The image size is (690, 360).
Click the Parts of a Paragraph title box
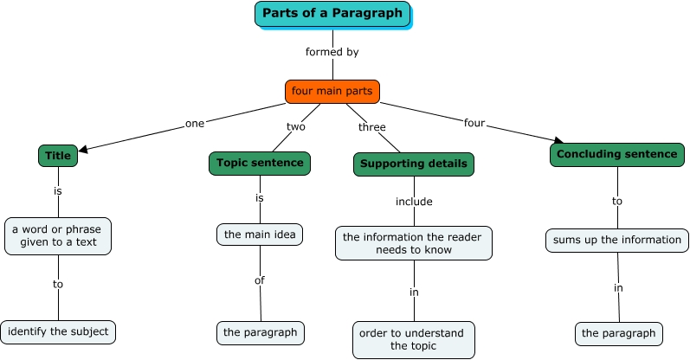tap(332, 14)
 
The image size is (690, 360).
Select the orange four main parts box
tap(332, 91)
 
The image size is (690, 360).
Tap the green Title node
tap(58, 156)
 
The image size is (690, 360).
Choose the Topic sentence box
tap(260, 163)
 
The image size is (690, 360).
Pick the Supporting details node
tap(414, 164)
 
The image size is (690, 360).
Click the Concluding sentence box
tap(616, 155)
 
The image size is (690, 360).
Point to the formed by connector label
tap(332, 52)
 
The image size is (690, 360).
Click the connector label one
tap(195, 123)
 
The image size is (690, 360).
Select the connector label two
tap(296, 126)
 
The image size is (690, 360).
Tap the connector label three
tap(371, 127)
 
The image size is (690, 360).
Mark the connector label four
tap(474, 122)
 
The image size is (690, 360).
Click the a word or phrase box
tap(58, 235)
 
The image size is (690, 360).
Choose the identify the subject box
tap(58, 331)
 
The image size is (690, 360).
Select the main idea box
tap(260, 235)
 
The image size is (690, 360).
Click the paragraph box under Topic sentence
tap(260, 332)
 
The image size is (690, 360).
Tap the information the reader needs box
tap(414, 243)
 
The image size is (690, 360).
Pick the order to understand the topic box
tap(414, 339)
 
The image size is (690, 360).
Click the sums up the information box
tap(617, 240)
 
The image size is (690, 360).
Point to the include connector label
tap(414, 202)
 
